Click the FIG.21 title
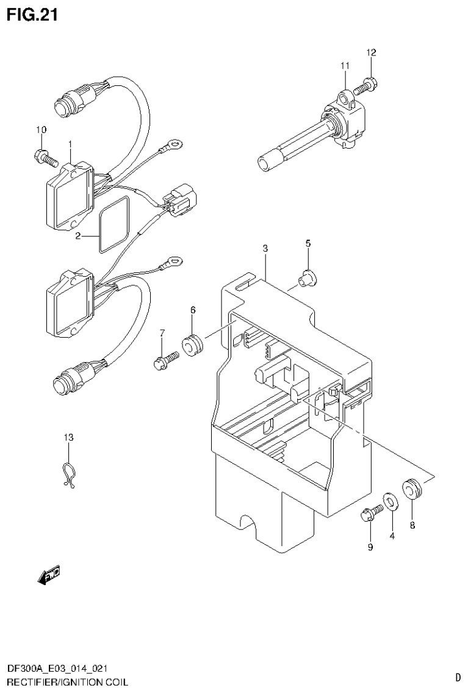pos(32,15)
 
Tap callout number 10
pos(41,129)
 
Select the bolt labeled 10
pos(46,158)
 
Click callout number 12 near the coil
pos(371,53)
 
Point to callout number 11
pos(345,65)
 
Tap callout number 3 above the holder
pos(265,248)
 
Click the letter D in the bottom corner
pos(458,677)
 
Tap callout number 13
pos(69,437)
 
